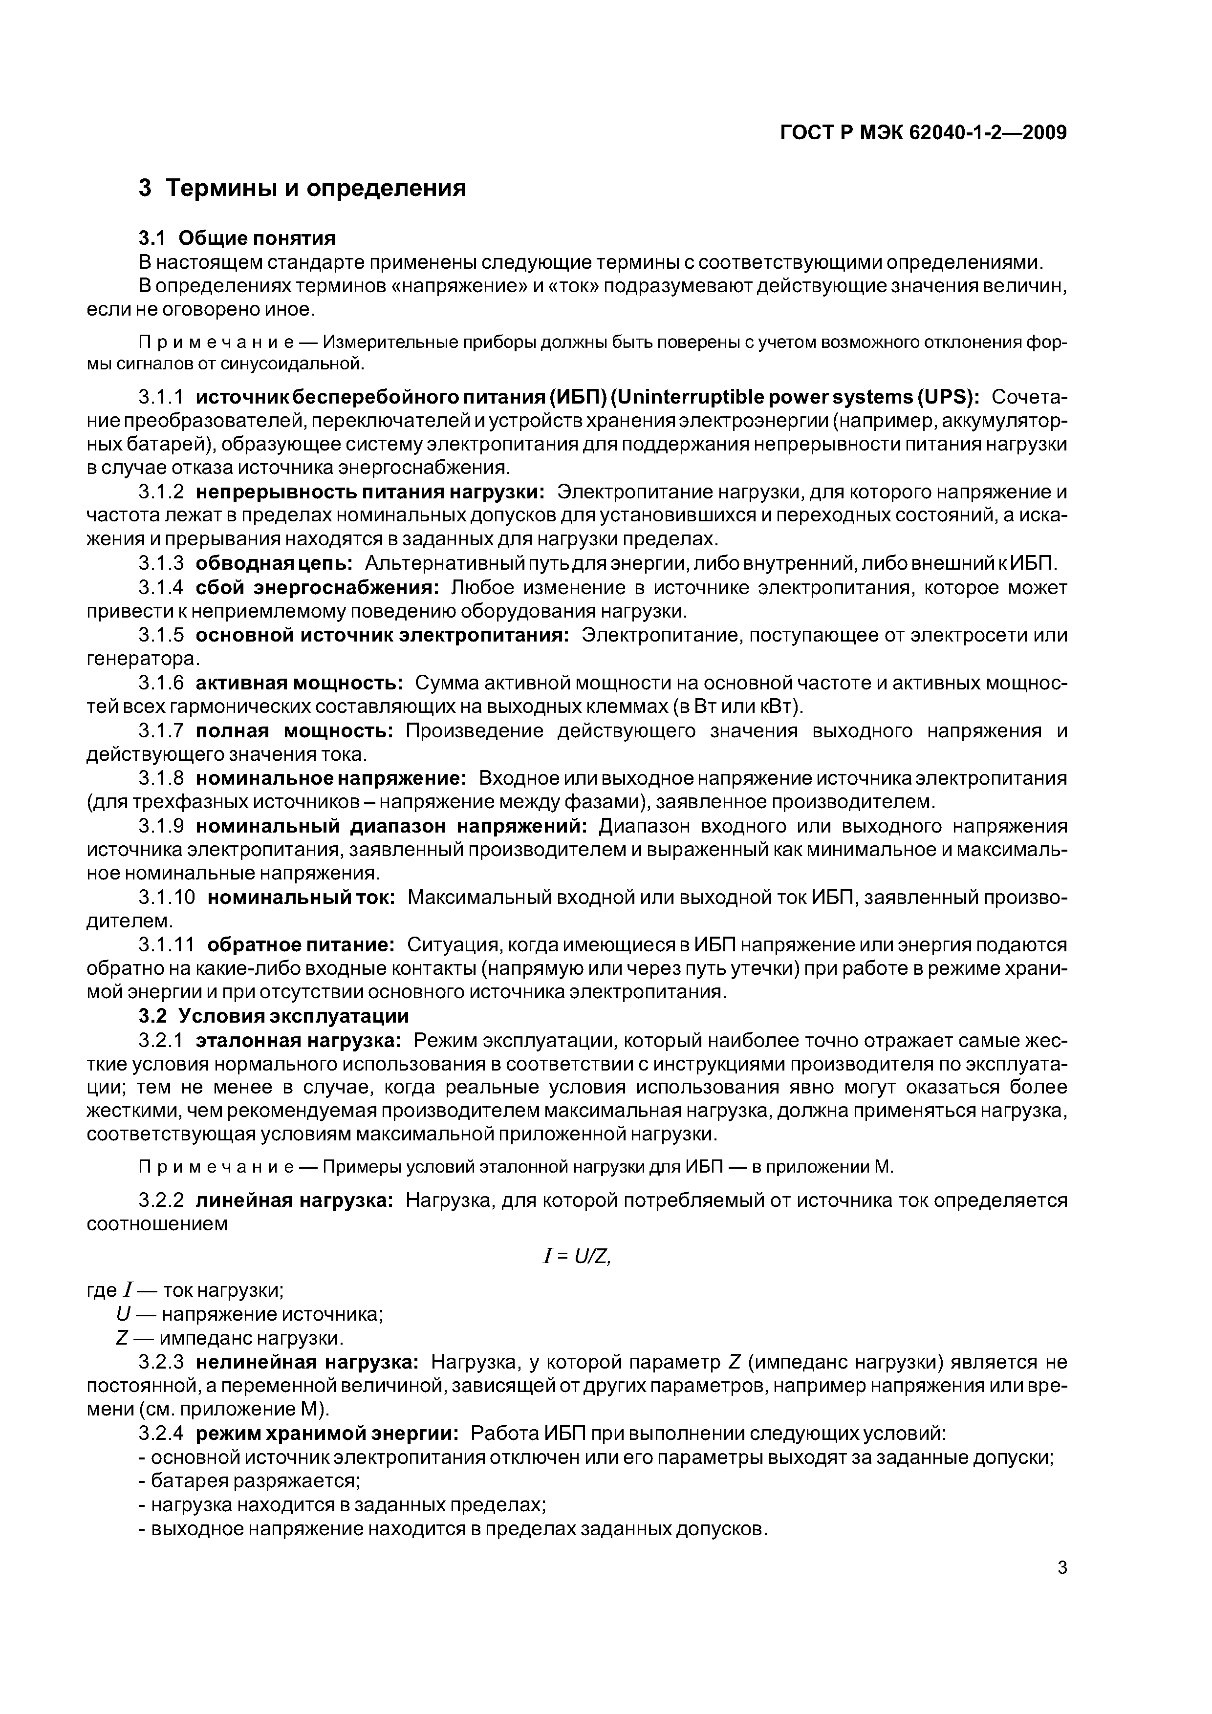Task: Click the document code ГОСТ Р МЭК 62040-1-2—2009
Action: pyautogui.click(x=923, y=133)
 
